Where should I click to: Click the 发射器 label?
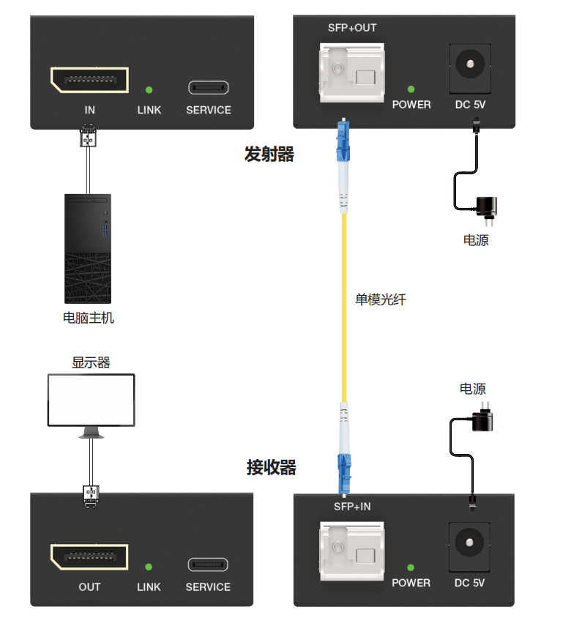[269, 154]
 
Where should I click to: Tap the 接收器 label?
[271, 467]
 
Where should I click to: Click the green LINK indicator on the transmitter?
[149, 89]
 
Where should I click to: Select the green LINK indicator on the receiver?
[149, 567]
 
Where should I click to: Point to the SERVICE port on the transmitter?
[208, 88]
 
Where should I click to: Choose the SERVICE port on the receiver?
[208, 565]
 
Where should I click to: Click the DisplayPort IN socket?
[89, 81]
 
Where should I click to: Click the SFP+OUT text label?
[352, 29]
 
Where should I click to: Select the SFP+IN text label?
[352, 506]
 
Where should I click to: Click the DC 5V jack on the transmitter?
[469, 64]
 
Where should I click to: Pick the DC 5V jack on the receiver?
[469, 543]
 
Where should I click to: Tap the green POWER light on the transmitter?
[411, 88]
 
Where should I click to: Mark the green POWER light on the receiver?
[411, 567]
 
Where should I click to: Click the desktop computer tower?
[88, 249]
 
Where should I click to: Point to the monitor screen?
[91, 401]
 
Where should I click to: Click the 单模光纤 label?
[380, 299]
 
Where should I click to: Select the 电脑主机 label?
[89, 318]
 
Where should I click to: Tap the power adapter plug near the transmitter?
[486, 206]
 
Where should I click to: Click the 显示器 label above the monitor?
[91, 362]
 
